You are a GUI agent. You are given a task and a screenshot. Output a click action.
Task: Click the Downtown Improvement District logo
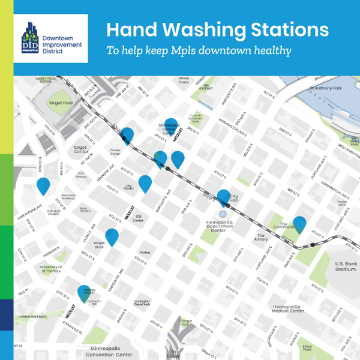pyautogui.click(x=50, y=38)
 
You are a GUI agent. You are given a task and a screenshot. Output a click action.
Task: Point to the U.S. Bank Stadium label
pyautogui.click(x=345, y=266)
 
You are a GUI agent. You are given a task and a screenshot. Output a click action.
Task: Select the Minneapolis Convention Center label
pyautogui.click(x=110, y=351)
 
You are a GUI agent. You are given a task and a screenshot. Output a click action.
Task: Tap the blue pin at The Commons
pyautogui.click(x=299, y=224)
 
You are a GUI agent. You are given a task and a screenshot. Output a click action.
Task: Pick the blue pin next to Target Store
pyautogui.click(x=112, y=237)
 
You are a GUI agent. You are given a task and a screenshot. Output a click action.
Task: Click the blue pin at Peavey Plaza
pyautogui.click(x=85, y=292)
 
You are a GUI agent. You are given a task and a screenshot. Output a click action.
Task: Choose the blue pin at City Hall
pyautogui.click(x=223, y=197)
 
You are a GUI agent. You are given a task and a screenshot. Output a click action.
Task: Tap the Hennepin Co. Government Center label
pyautogui.click(x=222, y=226)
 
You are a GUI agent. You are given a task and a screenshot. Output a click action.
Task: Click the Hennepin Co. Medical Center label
pyautogui.click(x=288, y=308)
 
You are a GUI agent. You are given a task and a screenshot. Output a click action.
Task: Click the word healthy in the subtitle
pyautogui.click(x=271, y=50)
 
